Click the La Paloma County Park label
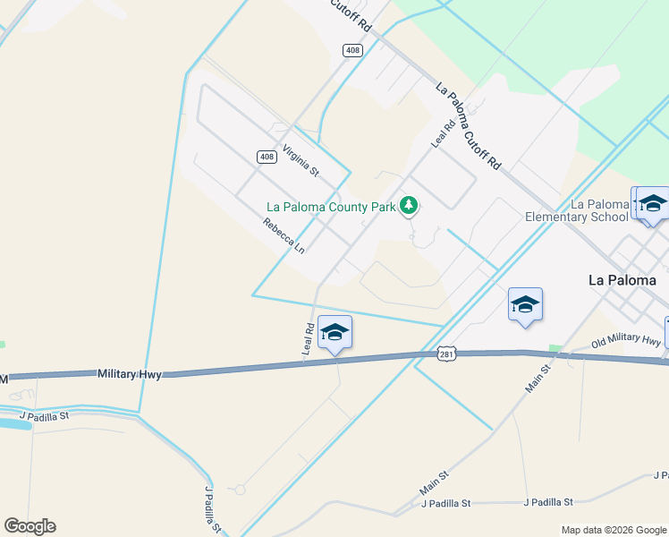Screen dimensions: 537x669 pos(331,207)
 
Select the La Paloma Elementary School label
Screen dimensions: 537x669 pos(577,210)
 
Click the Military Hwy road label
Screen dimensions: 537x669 pos(130,374)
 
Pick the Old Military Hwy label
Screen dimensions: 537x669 pos(625,339)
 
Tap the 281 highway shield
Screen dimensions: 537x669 pos(448,354)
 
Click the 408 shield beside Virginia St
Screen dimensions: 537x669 pos(267,157)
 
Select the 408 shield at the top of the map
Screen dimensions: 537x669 pos(353,50)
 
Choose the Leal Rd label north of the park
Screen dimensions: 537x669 pos(443,132)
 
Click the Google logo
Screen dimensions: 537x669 pos(30,526)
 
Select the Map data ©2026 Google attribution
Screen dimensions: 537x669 pos(614,530)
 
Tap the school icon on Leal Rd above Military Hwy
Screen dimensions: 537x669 pos(334,333)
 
